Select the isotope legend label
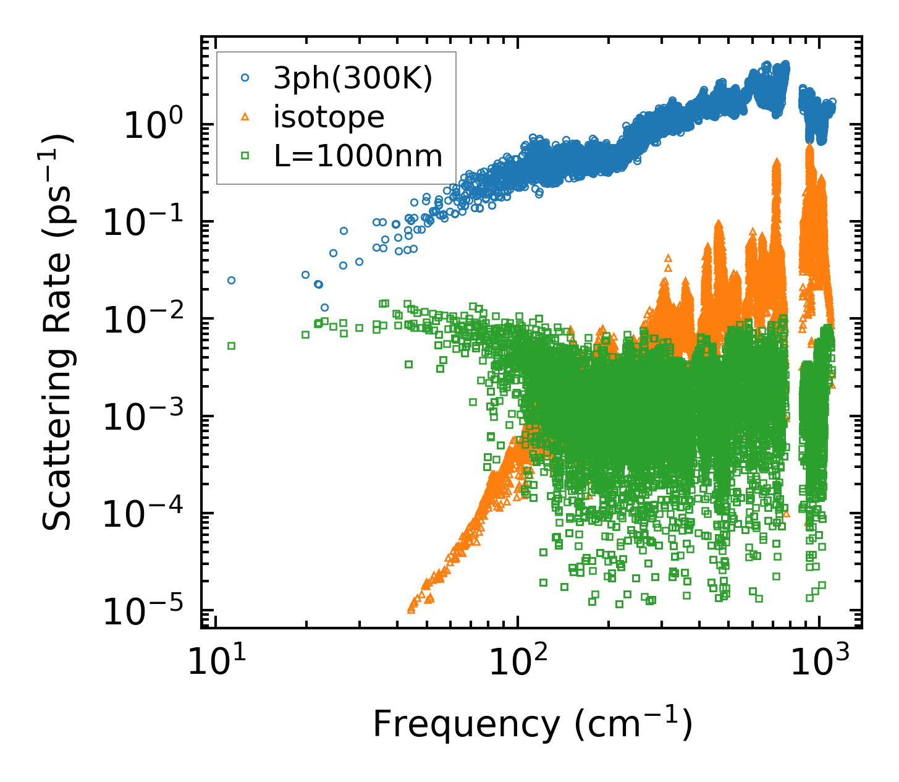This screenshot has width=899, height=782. [329, 117]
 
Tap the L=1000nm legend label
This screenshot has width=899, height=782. [358, 156]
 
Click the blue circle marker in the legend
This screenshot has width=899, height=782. [245, 78]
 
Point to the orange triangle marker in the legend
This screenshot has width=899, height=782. [245, 117]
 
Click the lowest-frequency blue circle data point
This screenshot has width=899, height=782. [231, 280]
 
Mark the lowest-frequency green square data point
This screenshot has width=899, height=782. [231, 346]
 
